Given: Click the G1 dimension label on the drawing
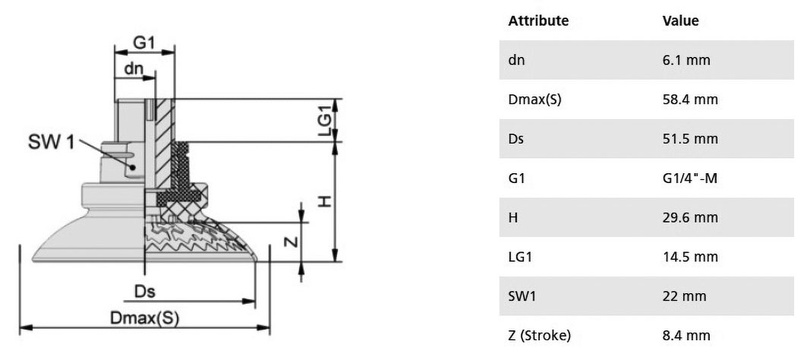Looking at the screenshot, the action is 143,43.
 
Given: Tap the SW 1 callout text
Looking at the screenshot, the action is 51,141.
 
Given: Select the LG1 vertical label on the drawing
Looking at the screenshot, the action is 325,121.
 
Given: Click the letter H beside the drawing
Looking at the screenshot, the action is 324,201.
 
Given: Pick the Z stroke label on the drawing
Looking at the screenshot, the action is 292,241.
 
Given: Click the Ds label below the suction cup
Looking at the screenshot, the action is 144,292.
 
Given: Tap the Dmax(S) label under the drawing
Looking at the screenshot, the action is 144,317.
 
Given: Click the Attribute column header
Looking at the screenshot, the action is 538,21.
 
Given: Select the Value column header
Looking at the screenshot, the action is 680,21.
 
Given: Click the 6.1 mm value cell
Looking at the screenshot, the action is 686,60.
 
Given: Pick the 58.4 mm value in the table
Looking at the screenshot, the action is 689,99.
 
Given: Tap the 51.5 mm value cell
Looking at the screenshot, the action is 689,139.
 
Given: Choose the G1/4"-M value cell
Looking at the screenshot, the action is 689,178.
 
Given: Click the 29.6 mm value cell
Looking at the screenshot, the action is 689,218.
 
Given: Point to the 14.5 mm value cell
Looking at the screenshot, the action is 689,257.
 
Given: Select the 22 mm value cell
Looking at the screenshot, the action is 684,297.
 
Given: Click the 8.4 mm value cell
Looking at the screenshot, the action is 686,336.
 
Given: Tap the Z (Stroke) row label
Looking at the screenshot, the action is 539,336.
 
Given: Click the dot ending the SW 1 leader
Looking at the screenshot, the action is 133,167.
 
